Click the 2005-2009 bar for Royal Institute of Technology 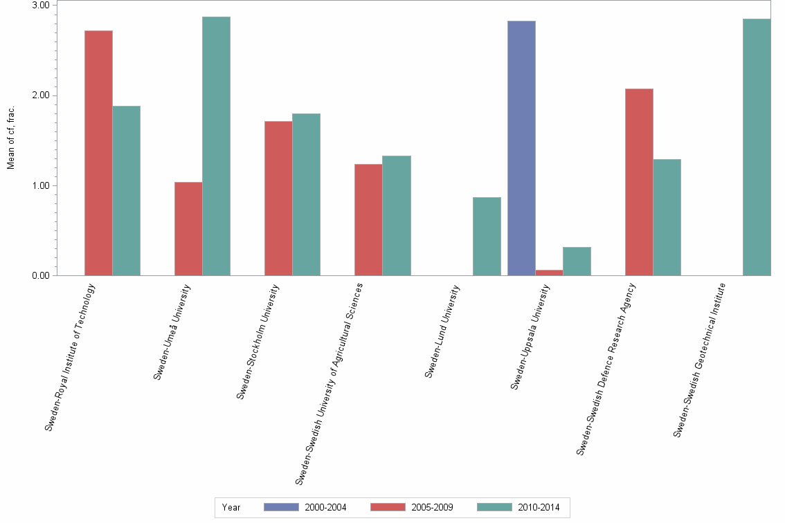tap(98, 153)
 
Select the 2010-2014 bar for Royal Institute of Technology tap(126, 190)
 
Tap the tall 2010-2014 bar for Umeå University tap(216, 146)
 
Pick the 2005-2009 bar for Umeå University tap(188, 228)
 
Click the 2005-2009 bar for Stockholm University tap(278, 198)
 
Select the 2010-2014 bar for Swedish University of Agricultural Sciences tap(396, 215)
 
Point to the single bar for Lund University tap(487, 236)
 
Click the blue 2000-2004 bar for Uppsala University tap(521, 148)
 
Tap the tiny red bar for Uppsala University tap(549, 273)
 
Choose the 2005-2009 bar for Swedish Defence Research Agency tap(639, 182)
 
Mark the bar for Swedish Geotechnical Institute tap(757, 147)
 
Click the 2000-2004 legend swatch tap(281, 507)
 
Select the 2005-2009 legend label tap(432, 507)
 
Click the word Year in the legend tap(231, 507)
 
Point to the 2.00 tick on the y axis tap(40, 95)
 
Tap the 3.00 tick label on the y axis tap(40, 6)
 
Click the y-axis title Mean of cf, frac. tap(10, 138)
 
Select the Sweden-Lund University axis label tap(442, 332)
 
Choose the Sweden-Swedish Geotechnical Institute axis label tap(699, 360)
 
